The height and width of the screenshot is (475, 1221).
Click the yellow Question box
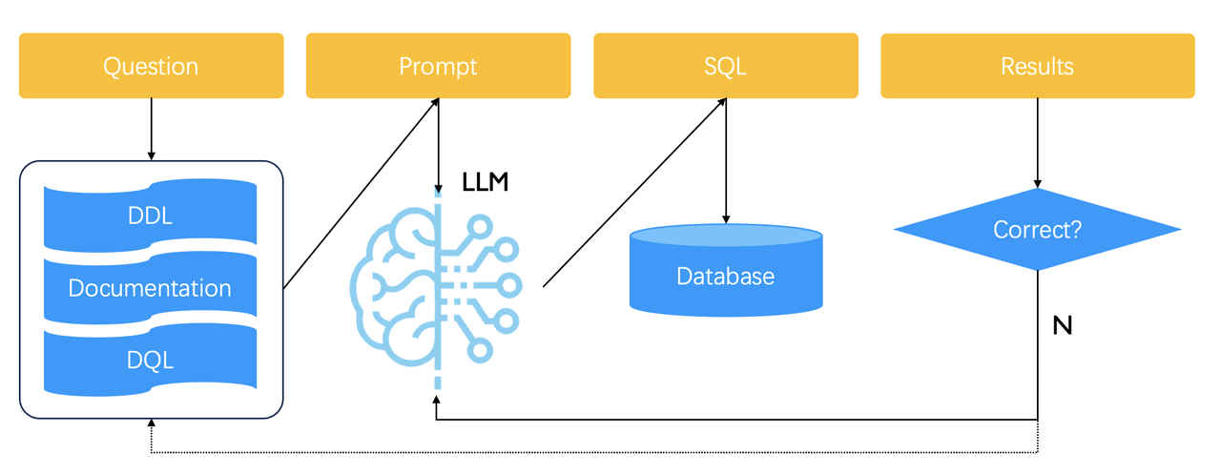click(x=151, y=66)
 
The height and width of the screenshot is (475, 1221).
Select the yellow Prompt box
click(x=438, y=66)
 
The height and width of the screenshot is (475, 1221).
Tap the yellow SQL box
click(x=725, y=66)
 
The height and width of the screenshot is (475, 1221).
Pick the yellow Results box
click(x=1037, y=66)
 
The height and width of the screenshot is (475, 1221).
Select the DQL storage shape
click(x=150, y=361)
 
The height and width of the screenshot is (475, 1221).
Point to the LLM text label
click(x=485, y=182)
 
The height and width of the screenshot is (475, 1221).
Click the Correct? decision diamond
click(x=1037, y=230)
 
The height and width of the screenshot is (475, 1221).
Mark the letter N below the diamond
click(x=1062, y=326)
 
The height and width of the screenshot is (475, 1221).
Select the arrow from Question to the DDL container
click(x=151, y=129)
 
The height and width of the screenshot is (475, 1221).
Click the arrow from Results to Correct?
click(x=1037, y=143)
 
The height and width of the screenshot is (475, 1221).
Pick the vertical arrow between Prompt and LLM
click(x=438, y=143)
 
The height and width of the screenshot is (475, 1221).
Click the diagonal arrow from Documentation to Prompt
click(x=361, y=192)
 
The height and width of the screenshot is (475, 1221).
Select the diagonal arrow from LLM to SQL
click(x=634, y=192)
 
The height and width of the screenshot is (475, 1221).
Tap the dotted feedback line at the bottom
click(x=591, y=452)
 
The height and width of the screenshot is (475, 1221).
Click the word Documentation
click(x=150, y=288)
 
